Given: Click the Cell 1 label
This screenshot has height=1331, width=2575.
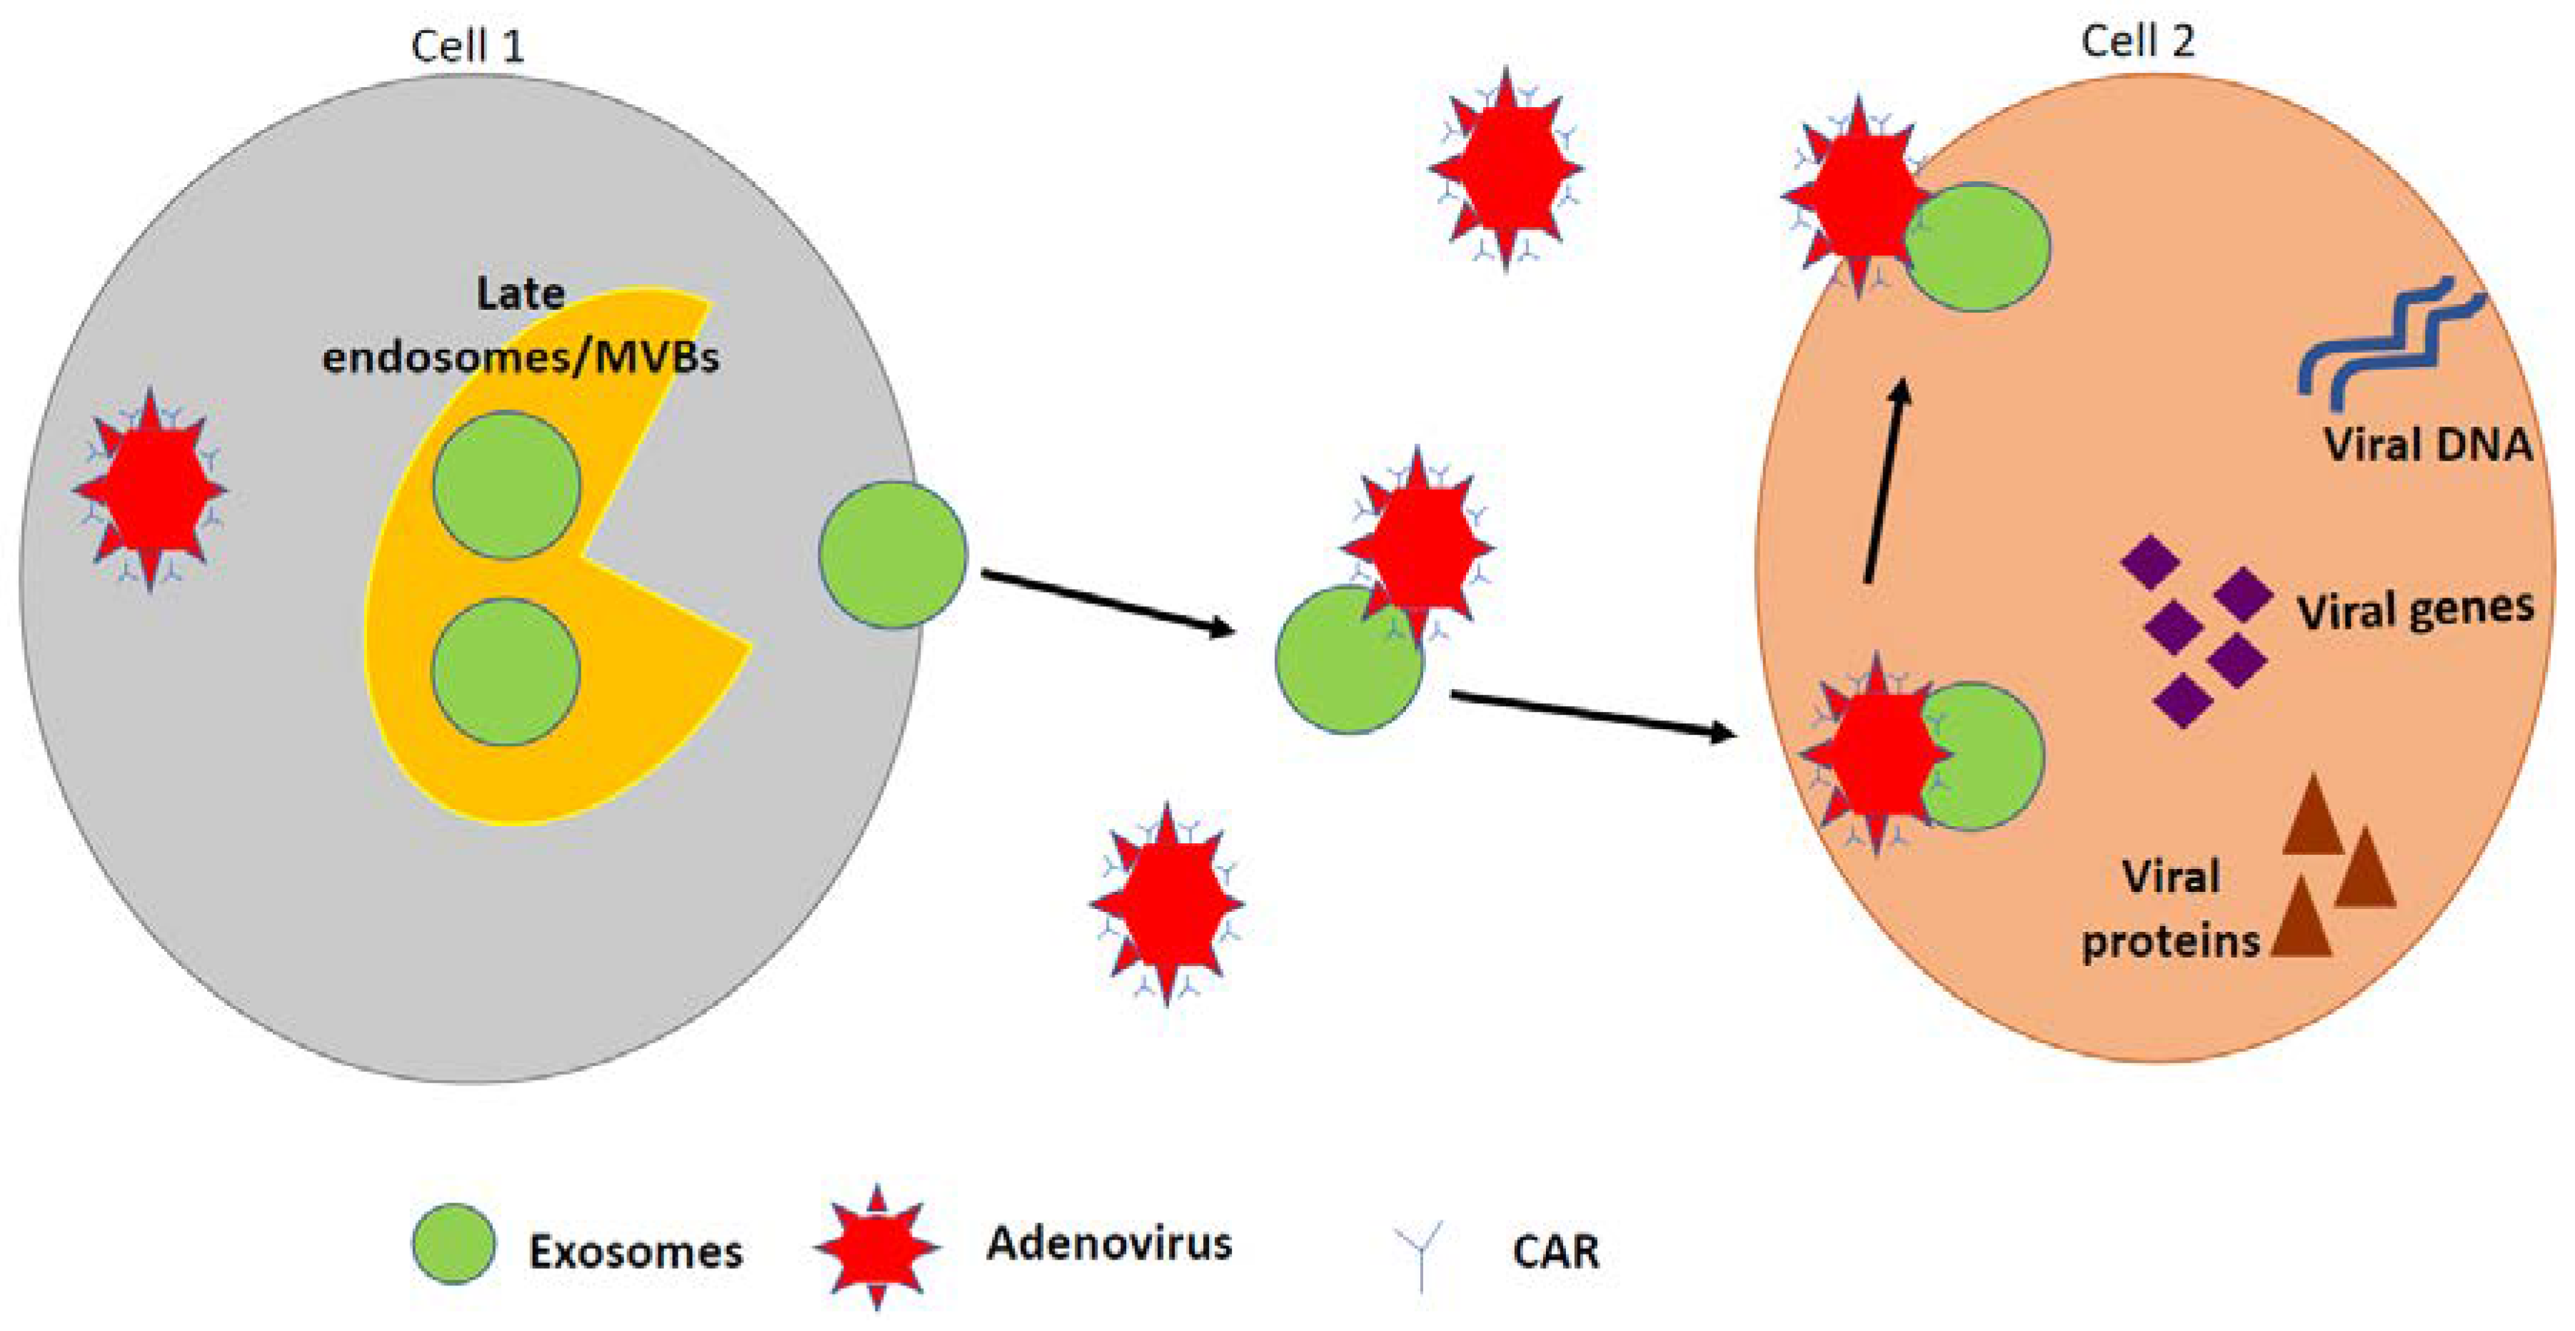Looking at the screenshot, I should (467, 46).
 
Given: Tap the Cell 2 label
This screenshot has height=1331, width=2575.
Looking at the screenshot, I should (2137, 42).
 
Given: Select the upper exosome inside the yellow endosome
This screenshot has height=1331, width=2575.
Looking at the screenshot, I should (507, 485).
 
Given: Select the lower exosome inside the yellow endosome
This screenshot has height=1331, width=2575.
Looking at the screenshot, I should (506, 671).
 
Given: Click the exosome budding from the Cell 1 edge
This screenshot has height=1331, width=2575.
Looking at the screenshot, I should (893, 555).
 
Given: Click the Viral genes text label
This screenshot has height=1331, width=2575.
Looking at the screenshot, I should (2414, 610).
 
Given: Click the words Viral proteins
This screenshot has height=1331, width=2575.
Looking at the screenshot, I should (2170, 909).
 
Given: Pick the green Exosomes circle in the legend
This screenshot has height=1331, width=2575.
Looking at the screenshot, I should (454, 1244).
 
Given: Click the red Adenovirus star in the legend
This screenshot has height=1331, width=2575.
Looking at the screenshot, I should (877, 1247).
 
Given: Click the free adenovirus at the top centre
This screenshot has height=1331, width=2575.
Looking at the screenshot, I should (1505, 168).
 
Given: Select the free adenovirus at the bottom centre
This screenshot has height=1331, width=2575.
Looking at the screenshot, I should (1167, 903).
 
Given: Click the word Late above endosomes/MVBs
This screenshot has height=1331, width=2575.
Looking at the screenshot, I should (521, 293).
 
